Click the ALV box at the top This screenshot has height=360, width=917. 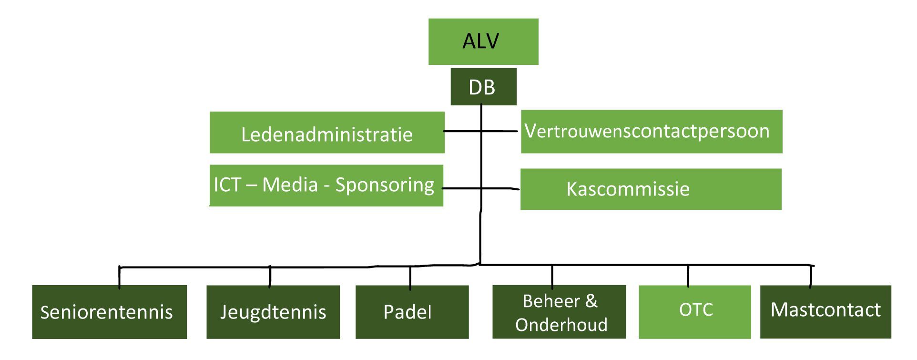click(483, 41)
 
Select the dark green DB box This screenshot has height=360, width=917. click(483, 87)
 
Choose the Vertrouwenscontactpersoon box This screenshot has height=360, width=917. click(651, 132)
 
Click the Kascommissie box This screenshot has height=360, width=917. click(651, 189)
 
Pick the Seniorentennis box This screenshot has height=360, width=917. click(109, 312)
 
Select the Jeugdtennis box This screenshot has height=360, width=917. click(273, 312)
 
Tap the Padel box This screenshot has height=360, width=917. click(412, 312)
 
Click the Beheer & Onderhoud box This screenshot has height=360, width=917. click(559, 312)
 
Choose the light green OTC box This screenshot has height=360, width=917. click(694, 312)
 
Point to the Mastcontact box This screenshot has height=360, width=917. click(825, 312)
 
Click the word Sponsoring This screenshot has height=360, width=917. click(385, 185)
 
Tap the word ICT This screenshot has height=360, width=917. click(227, 185)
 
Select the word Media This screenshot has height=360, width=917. click(290, 185)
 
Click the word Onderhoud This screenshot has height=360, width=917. click(561, 325)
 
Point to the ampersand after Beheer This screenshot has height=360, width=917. click(591, 301)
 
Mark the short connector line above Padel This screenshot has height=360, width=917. click(410, 278)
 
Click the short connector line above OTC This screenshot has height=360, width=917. click(688, 276)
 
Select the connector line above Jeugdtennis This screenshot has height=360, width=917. click(270, 277)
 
